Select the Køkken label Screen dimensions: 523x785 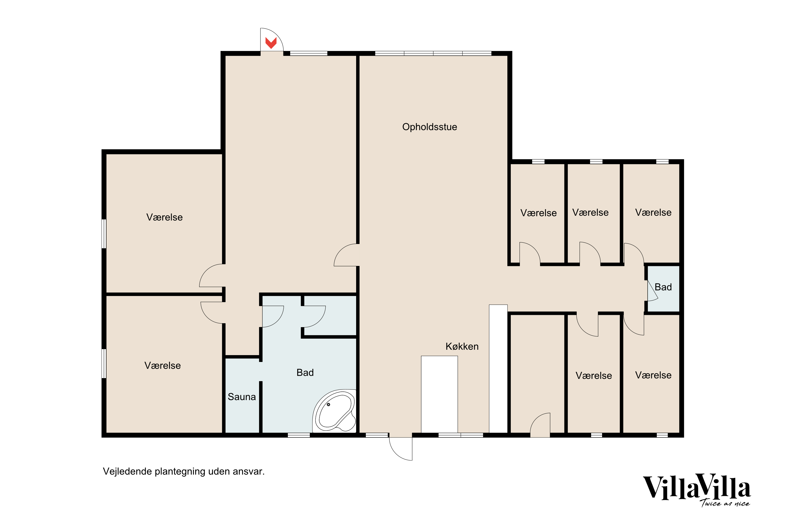pos(462,346)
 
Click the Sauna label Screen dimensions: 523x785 pos(242,397)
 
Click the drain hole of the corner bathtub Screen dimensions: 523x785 pos(328,405)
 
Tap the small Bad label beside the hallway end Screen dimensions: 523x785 pos(663,287)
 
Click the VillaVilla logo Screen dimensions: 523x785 pos(697,488)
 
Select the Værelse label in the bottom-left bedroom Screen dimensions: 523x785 pos(162,366)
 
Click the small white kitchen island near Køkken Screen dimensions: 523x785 pos(439,394)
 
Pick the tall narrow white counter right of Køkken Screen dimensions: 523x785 pos(498,368)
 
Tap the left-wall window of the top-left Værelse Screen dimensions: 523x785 pos(104,234)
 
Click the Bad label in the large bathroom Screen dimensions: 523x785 pos(305,373)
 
